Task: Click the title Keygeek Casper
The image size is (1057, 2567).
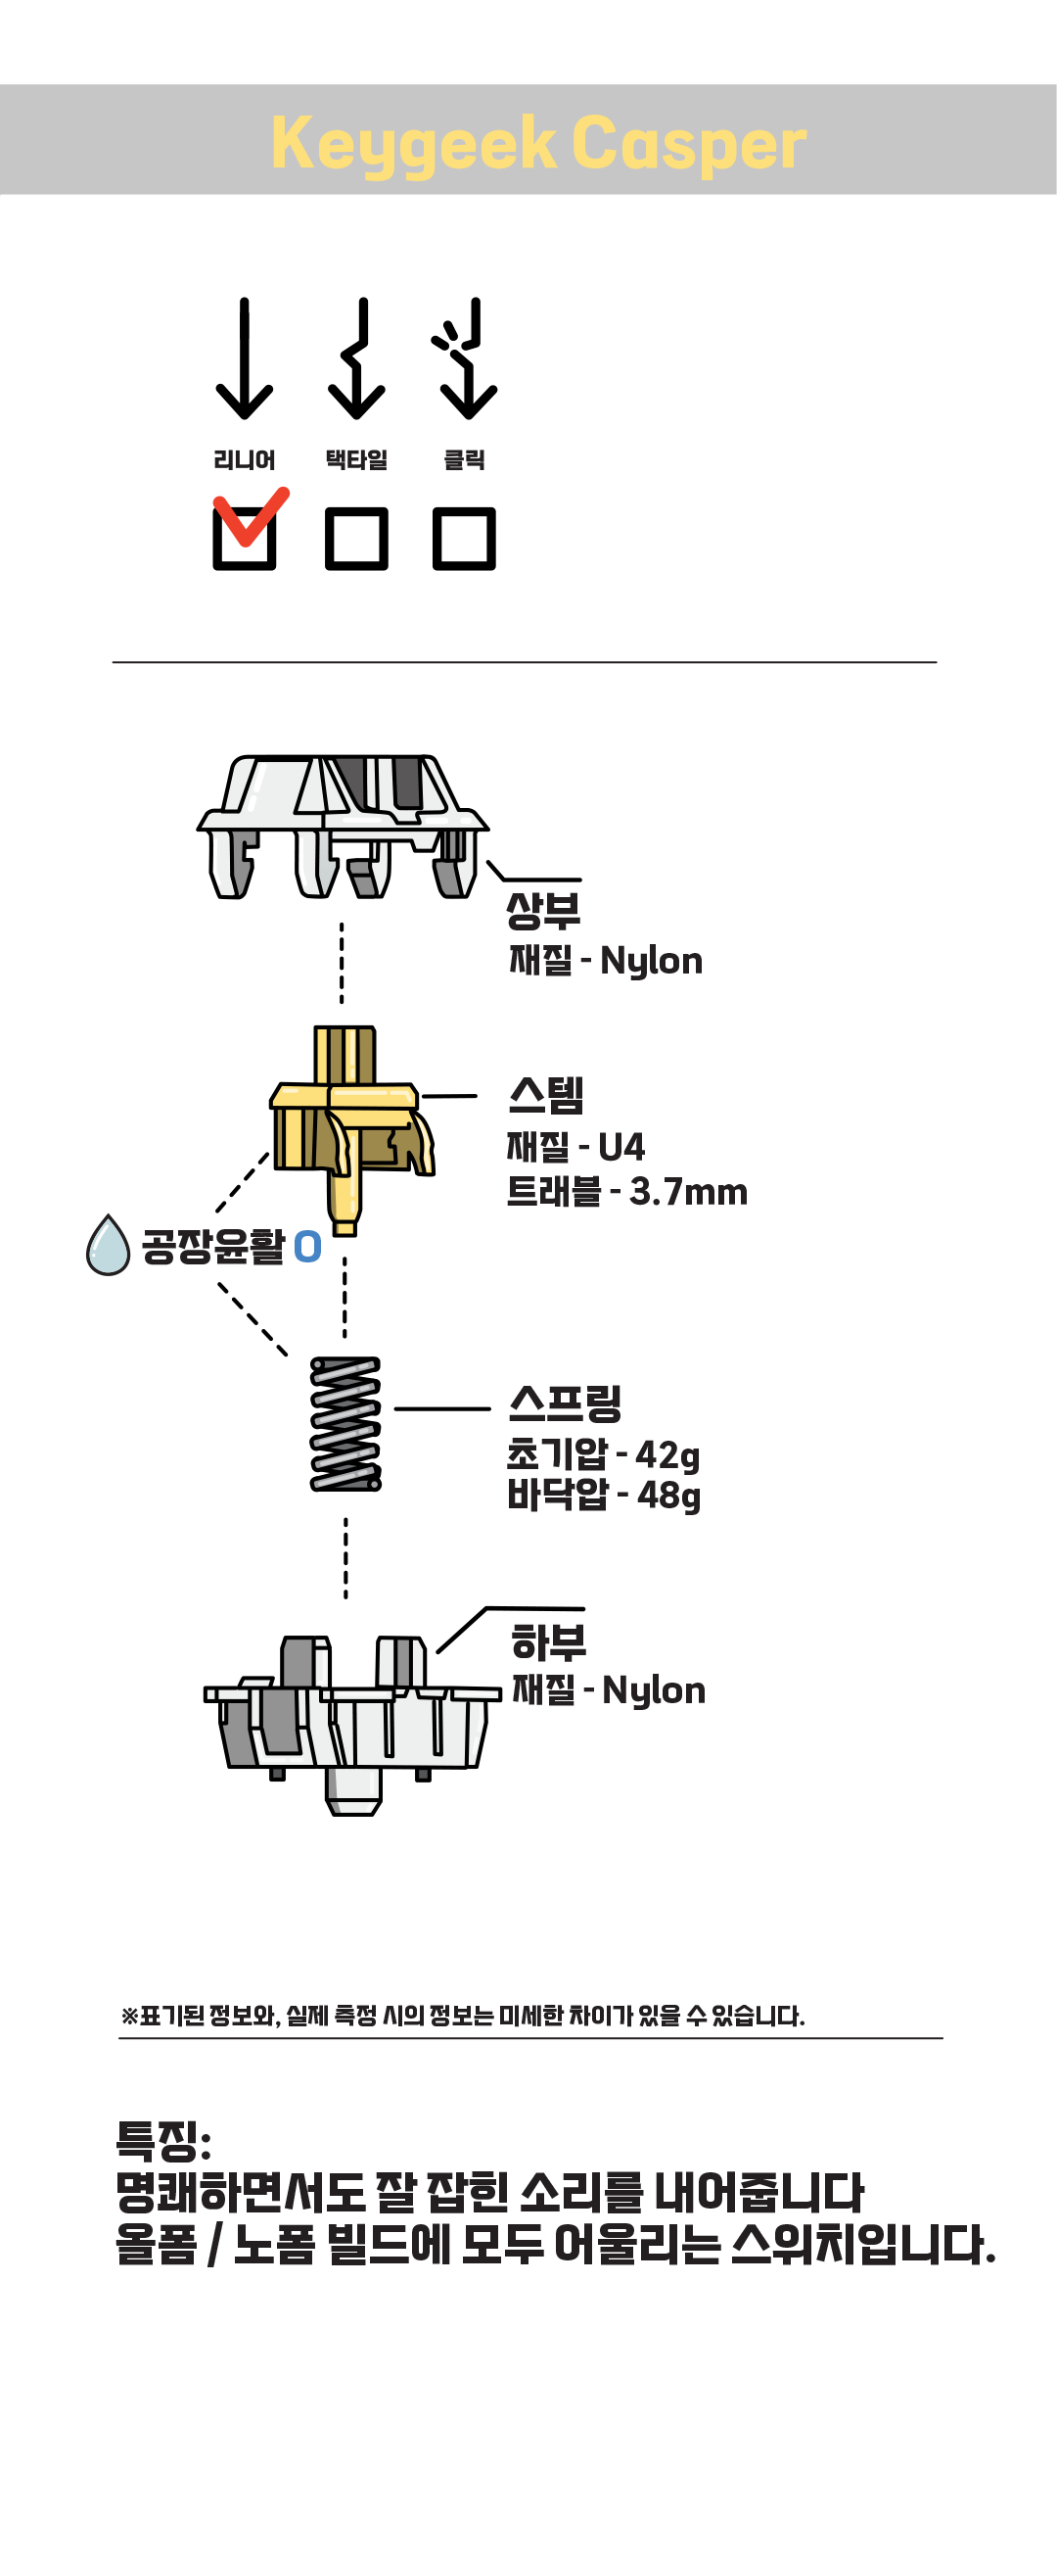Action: click(x=538, y=142)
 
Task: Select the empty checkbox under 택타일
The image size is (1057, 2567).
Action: click(x=355, y=539)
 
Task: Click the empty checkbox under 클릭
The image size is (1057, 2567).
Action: click(x=463, y=539)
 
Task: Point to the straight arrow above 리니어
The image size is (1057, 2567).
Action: click(x=244, y=358)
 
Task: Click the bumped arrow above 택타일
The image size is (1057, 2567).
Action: click(x=355, y=358)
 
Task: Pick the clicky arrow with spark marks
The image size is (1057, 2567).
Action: click(x=466, y=358)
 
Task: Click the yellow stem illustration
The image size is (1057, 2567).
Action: click(x=348, y=1126)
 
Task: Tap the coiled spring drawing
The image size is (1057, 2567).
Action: click(x=345, y=1423)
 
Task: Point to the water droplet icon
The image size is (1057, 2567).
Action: click(x=108, y=1246)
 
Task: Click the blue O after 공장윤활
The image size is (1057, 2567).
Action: click(x=307, y=1247)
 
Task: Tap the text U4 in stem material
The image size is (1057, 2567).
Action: click(x=620, y=1147)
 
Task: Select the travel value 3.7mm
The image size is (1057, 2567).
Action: click(x=687, y=1192)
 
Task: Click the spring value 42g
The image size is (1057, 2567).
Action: click(x=666, y=1456)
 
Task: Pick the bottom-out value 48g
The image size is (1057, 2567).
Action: click(x=667, y=1496)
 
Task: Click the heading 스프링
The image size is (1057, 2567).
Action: click(x=564, y=1404)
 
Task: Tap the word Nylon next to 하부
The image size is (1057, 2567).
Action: click(x=654, y=1691)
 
